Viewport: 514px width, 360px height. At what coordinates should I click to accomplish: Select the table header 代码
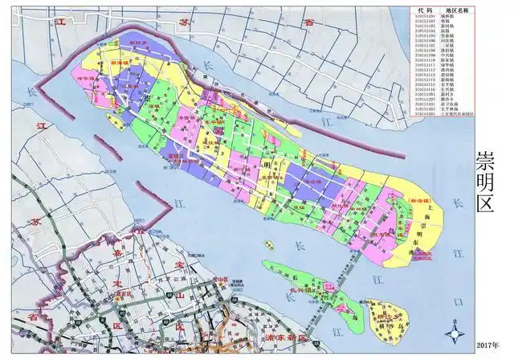coord(428,6)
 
